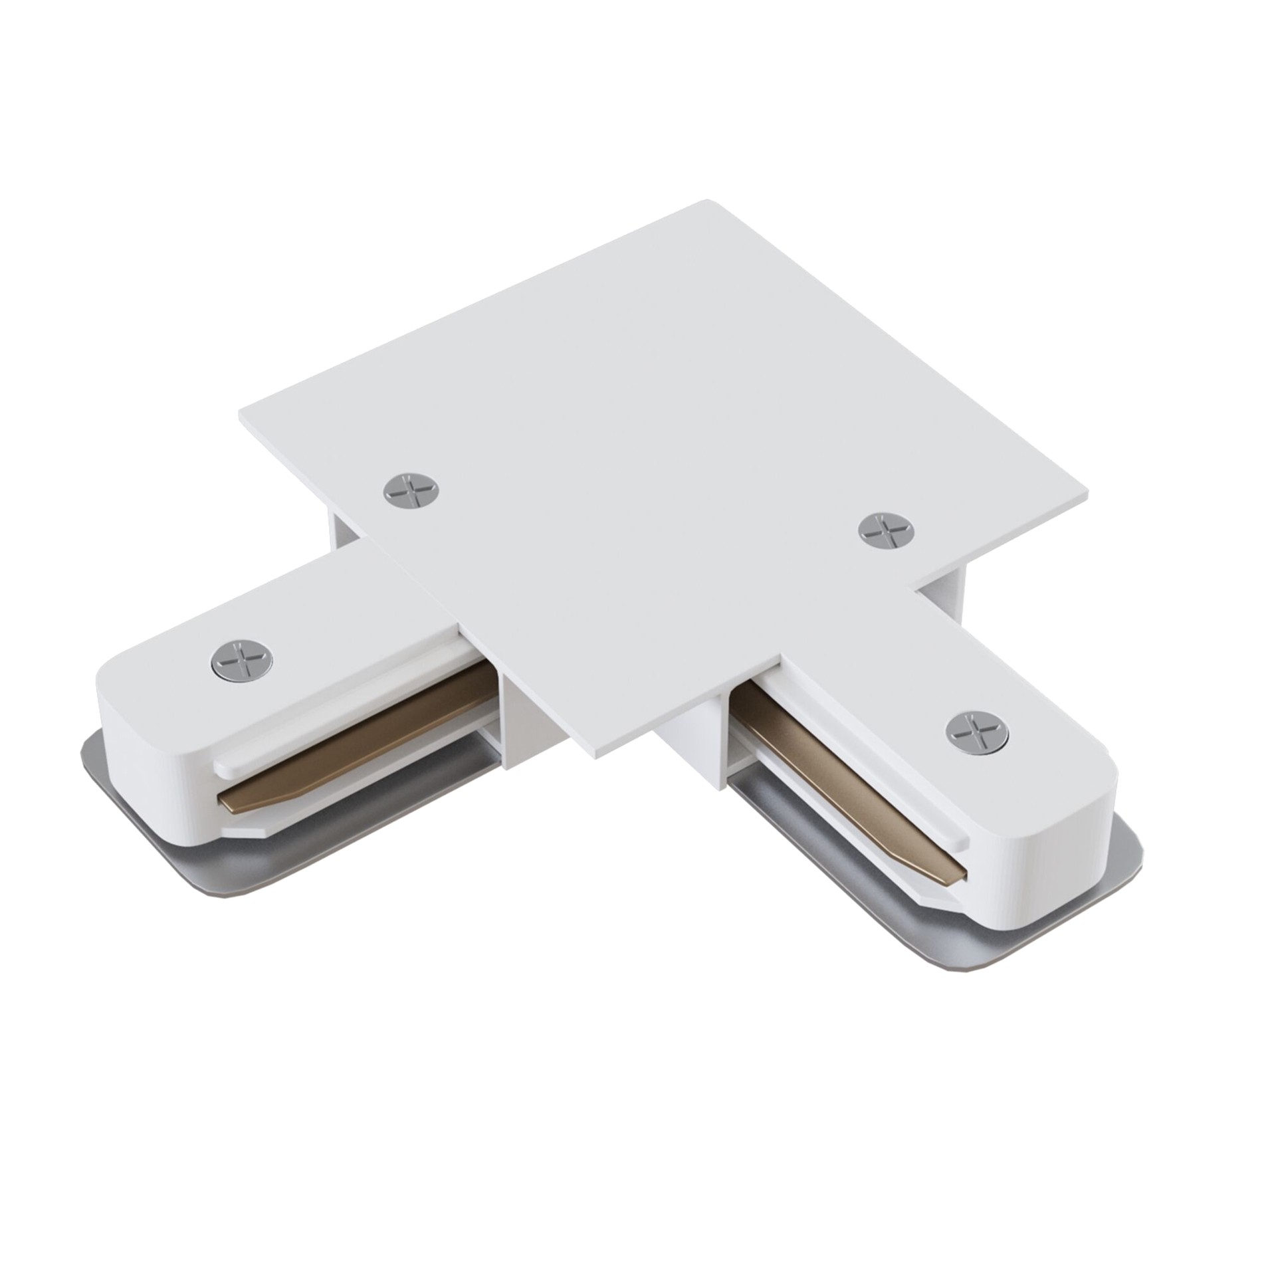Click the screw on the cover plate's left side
[412, 490]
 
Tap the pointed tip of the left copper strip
[229, 805]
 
